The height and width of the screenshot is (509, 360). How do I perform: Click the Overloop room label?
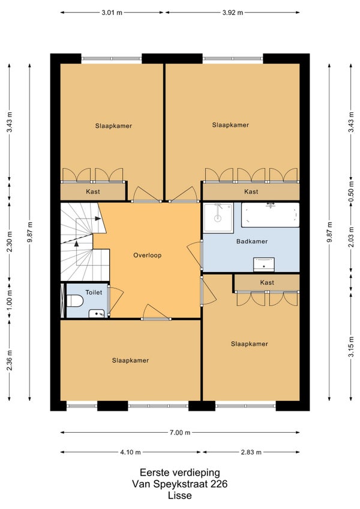(148, 255)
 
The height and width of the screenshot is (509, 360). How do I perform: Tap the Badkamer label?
(252, 241)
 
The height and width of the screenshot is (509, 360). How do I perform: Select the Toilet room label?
(94, 292)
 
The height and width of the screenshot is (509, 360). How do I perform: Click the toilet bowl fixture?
(75, 301)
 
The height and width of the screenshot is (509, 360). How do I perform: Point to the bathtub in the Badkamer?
(270, 215)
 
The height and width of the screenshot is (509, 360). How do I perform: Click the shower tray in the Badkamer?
(218, 218)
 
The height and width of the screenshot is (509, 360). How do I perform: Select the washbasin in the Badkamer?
(264, 265)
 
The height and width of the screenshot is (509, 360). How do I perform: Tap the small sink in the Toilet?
(97, 313)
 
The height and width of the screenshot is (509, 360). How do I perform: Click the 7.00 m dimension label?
(180, 432)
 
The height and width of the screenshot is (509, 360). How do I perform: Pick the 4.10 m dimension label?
(130, 452)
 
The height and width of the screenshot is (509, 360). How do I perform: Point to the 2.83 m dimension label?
(251, 452)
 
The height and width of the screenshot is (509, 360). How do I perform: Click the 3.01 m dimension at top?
(112, 13)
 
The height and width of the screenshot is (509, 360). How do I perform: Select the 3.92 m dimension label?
(232, 13)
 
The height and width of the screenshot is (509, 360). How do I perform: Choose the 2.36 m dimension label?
(10, 360)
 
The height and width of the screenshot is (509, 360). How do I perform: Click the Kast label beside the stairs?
(93, 191)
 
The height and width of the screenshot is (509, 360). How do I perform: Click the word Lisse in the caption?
(180, 495)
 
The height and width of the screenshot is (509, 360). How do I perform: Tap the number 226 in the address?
(219, 484)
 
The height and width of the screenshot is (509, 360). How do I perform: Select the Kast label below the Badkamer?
(267, 283)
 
